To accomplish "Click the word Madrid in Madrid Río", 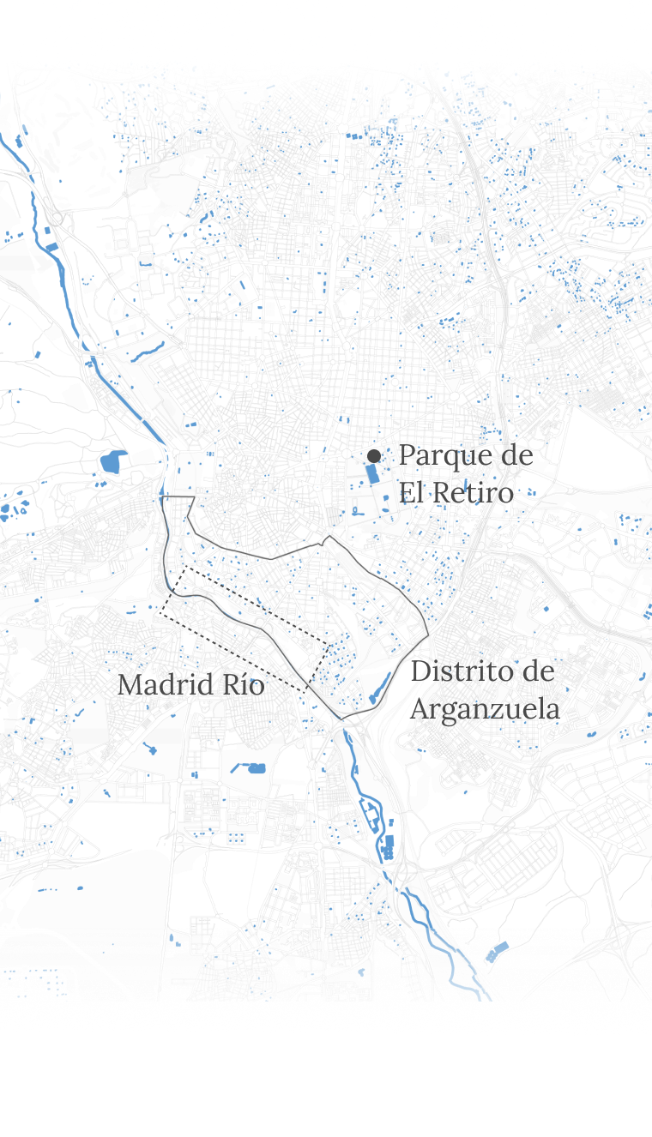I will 167,684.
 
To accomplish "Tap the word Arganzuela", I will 485,709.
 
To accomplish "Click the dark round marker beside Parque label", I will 374,456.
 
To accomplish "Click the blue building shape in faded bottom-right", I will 498,950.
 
